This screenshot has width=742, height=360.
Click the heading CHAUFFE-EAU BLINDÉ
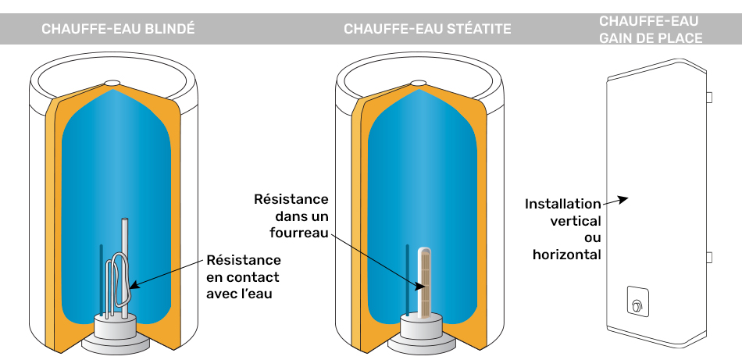tap(118, 29)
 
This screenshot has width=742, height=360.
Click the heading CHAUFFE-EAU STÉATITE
tap(427, 29)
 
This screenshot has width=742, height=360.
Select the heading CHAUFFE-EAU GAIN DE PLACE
tap(651, 30)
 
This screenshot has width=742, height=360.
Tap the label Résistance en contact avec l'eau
tap(243, 276)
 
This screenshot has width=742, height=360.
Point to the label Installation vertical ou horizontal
tap(562, 230)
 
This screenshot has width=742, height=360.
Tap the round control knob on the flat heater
tap(637, 305)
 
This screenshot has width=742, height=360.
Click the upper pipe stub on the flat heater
tap(709, 97)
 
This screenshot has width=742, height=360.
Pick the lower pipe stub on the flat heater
tap(709, 258)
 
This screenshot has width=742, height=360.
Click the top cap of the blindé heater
tap(112, 84)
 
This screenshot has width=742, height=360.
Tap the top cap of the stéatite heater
tap(419, 84)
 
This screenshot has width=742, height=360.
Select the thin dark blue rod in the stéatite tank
tap(408, 280)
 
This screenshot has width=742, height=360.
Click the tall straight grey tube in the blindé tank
tap(124, 268)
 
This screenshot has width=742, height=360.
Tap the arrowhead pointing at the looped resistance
tap(134, 285)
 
